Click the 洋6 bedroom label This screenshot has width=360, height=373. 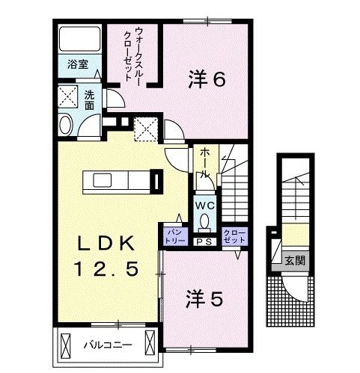click(x=206, y=78)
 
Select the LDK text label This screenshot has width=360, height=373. click(x=105, y=244)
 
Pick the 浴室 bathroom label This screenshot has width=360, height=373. click(x=78, y=64)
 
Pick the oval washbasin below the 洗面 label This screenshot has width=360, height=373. click(x=65, y=125)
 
